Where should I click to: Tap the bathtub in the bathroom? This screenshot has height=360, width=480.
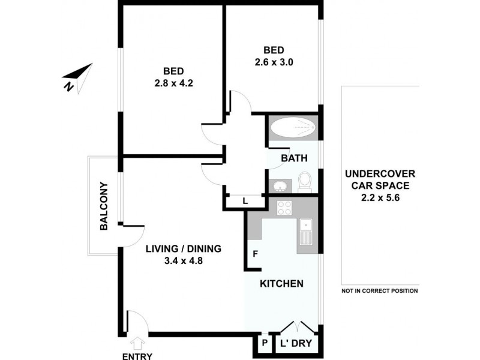pos(292,127)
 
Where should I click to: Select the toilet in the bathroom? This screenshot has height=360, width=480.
pos(305,180)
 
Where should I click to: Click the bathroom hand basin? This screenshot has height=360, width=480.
pos(279,184)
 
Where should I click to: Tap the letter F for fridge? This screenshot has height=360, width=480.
pos(255,254)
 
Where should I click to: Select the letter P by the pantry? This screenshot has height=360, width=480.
pos(264,344)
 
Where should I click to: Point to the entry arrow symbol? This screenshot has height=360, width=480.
pos(137,342)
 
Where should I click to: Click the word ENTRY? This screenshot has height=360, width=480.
pos(137,356)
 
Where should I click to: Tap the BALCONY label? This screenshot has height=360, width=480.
pos(104,206)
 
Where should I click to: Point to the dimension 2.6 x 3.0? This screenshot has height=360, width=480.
pos(273,61)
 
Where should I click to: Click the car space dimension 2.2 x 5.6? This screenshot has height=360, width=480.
pos(379,196)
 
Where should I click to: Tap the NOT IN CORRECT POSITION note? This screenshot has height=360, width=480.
pos(379,291)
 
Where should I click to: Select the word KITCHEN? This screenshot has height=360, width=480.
pos(281,283)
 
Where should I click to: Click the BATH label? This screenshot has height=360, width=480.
pos(295,158)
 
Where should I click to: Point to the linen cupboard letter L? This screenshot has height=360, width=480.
pos(245,201)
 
